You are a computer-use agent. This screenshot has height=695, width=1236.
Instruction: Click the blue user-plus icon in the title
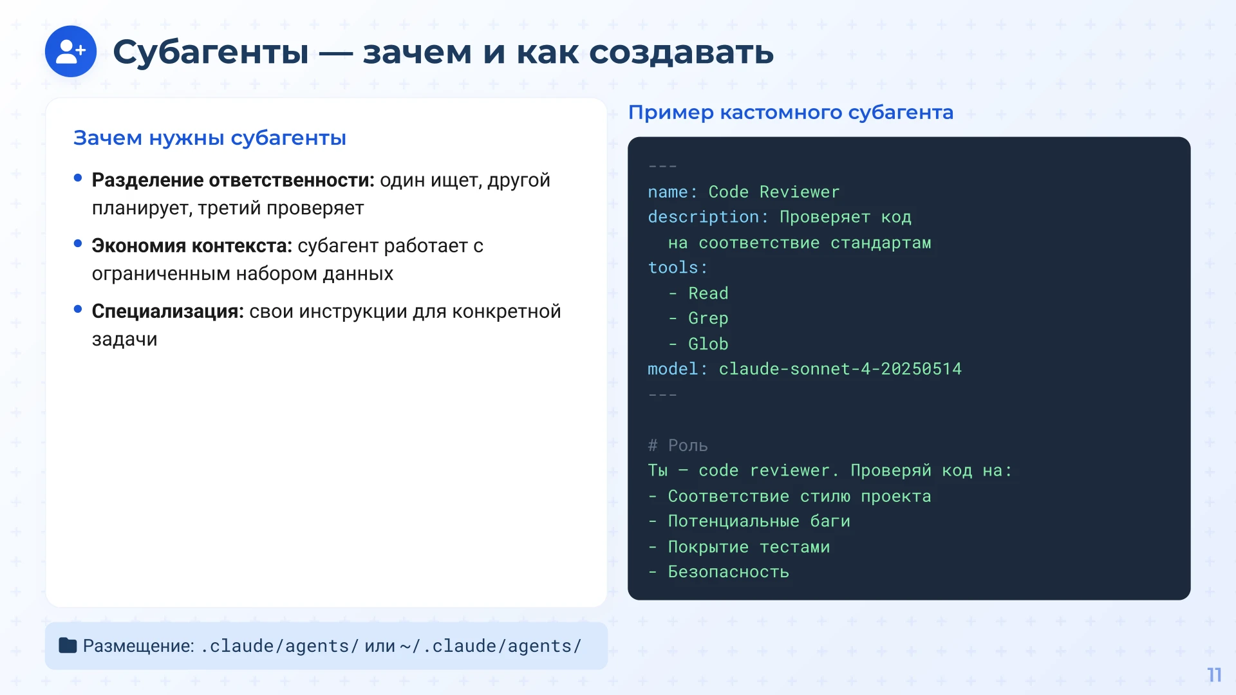tap(71, 51)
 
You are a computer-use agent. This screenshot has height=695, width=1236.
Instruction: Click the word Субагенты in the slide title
tap(211, 52)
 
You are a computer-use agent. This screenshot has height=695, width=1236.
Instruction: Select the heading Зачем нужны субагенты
tap(210, 138)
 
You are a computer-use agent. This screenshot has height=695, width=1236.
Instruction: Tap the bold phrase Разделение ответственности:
tap(232, 180)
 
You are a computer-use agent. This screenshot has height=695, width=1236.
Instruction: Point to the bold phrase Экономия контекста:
tap(192, 246)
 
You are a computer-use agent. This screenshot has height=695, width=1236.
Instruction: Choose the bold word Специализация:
tap(167, 311)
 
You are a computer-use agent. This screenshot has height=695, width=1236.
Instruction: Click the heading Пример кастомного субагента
tap(791, 113)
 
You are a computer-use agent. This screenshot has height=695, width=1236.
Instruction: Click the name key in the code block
tap(668, 192)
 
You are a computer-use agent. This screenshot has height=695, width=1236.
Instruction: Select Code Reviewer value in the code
tap(774, 192)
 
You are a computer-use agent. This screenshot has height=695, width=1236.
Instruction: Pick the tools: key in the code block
tap(677, 268)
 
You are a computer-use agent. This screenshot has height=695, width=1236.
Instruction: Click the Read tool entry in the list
tap(708, 293)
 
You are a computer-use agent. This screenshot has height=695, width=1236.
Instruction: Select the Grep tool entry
tap(708, 319)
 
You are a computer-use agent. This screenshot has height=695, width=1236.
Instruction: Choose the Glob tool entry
tap(708, 344)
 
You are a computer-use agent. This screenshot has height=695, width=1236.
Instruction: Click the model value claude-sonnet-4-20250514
tap(840, 369)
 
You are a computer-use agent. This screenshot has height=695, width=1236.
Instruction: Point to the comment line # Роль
tap(678, 445)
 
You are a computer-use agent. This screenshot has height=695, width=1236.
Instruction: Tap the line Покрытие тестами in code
tap(749, 547)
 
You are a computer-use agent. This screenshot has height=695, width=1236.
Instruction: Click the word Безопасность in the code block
tap(728, 572)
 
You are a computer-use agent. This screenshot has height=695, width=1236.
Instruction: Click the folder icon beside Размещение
tap(68, 645)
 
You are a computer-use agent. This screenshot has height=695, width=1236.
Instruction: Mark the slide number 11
tap(1214, 674)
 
